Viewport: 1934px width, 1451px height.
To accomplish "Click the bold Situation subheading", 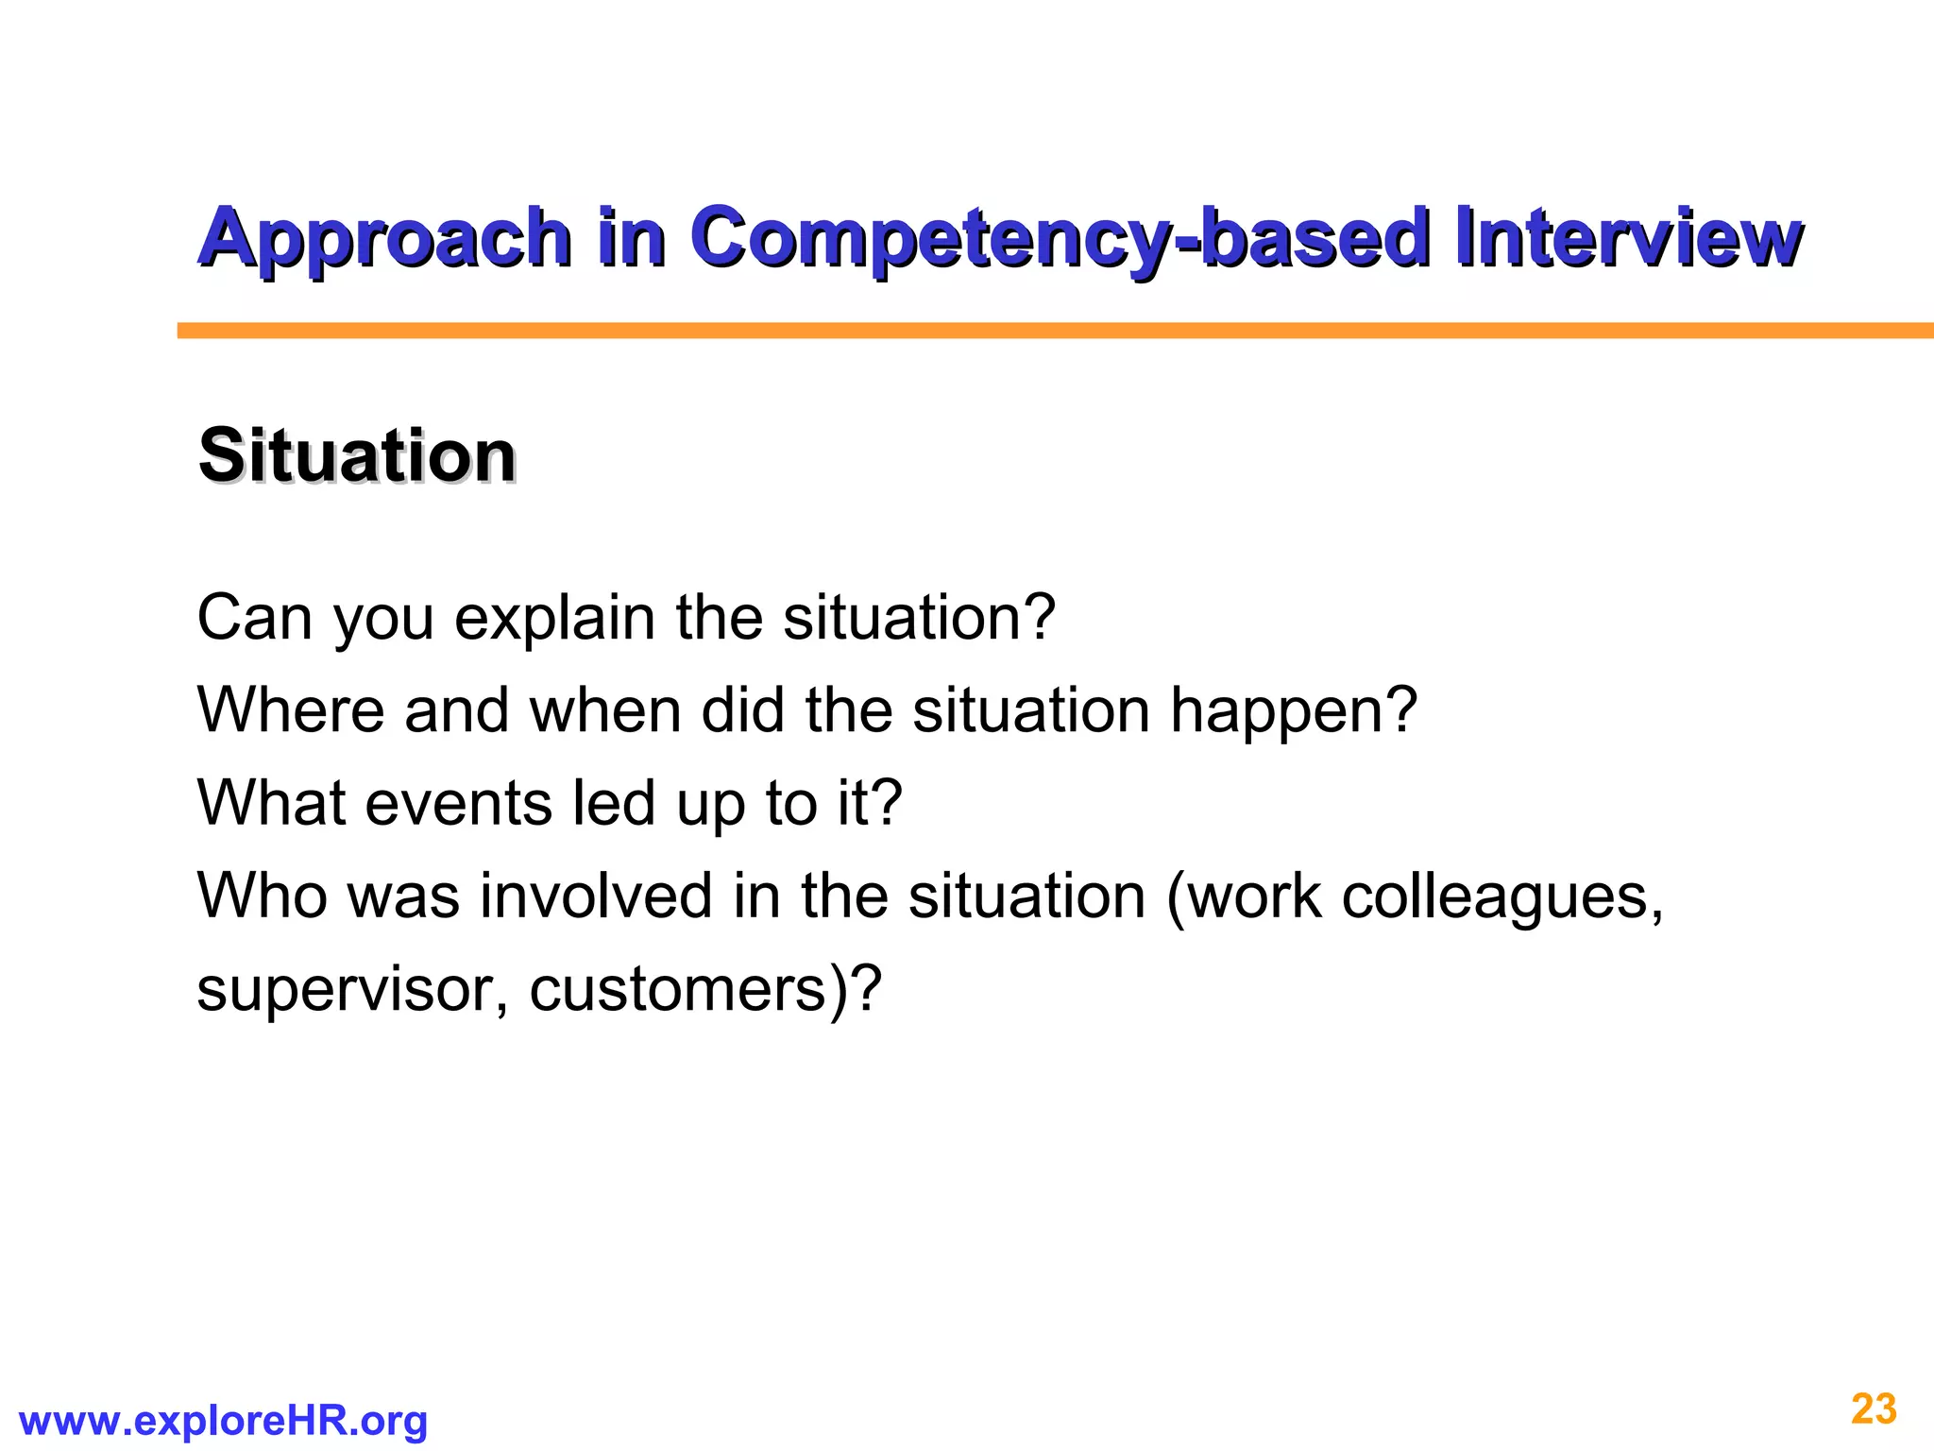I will point(357,456).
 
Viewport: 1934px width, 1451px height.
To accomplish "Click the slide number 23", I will point(1874,1409).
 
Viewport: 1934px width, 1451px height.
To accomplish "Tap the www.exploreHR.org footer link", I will point(223,1421).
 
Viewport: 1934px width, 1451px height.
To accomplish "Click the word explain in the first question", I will point(554,619).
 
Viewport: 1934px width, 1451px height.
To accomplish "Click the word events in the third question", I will point(458,803).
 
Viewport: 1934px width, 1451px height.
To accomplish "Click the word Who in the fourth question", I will point(262,896).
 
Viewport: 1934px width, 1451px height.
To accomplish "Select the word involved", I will point(596,896).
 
